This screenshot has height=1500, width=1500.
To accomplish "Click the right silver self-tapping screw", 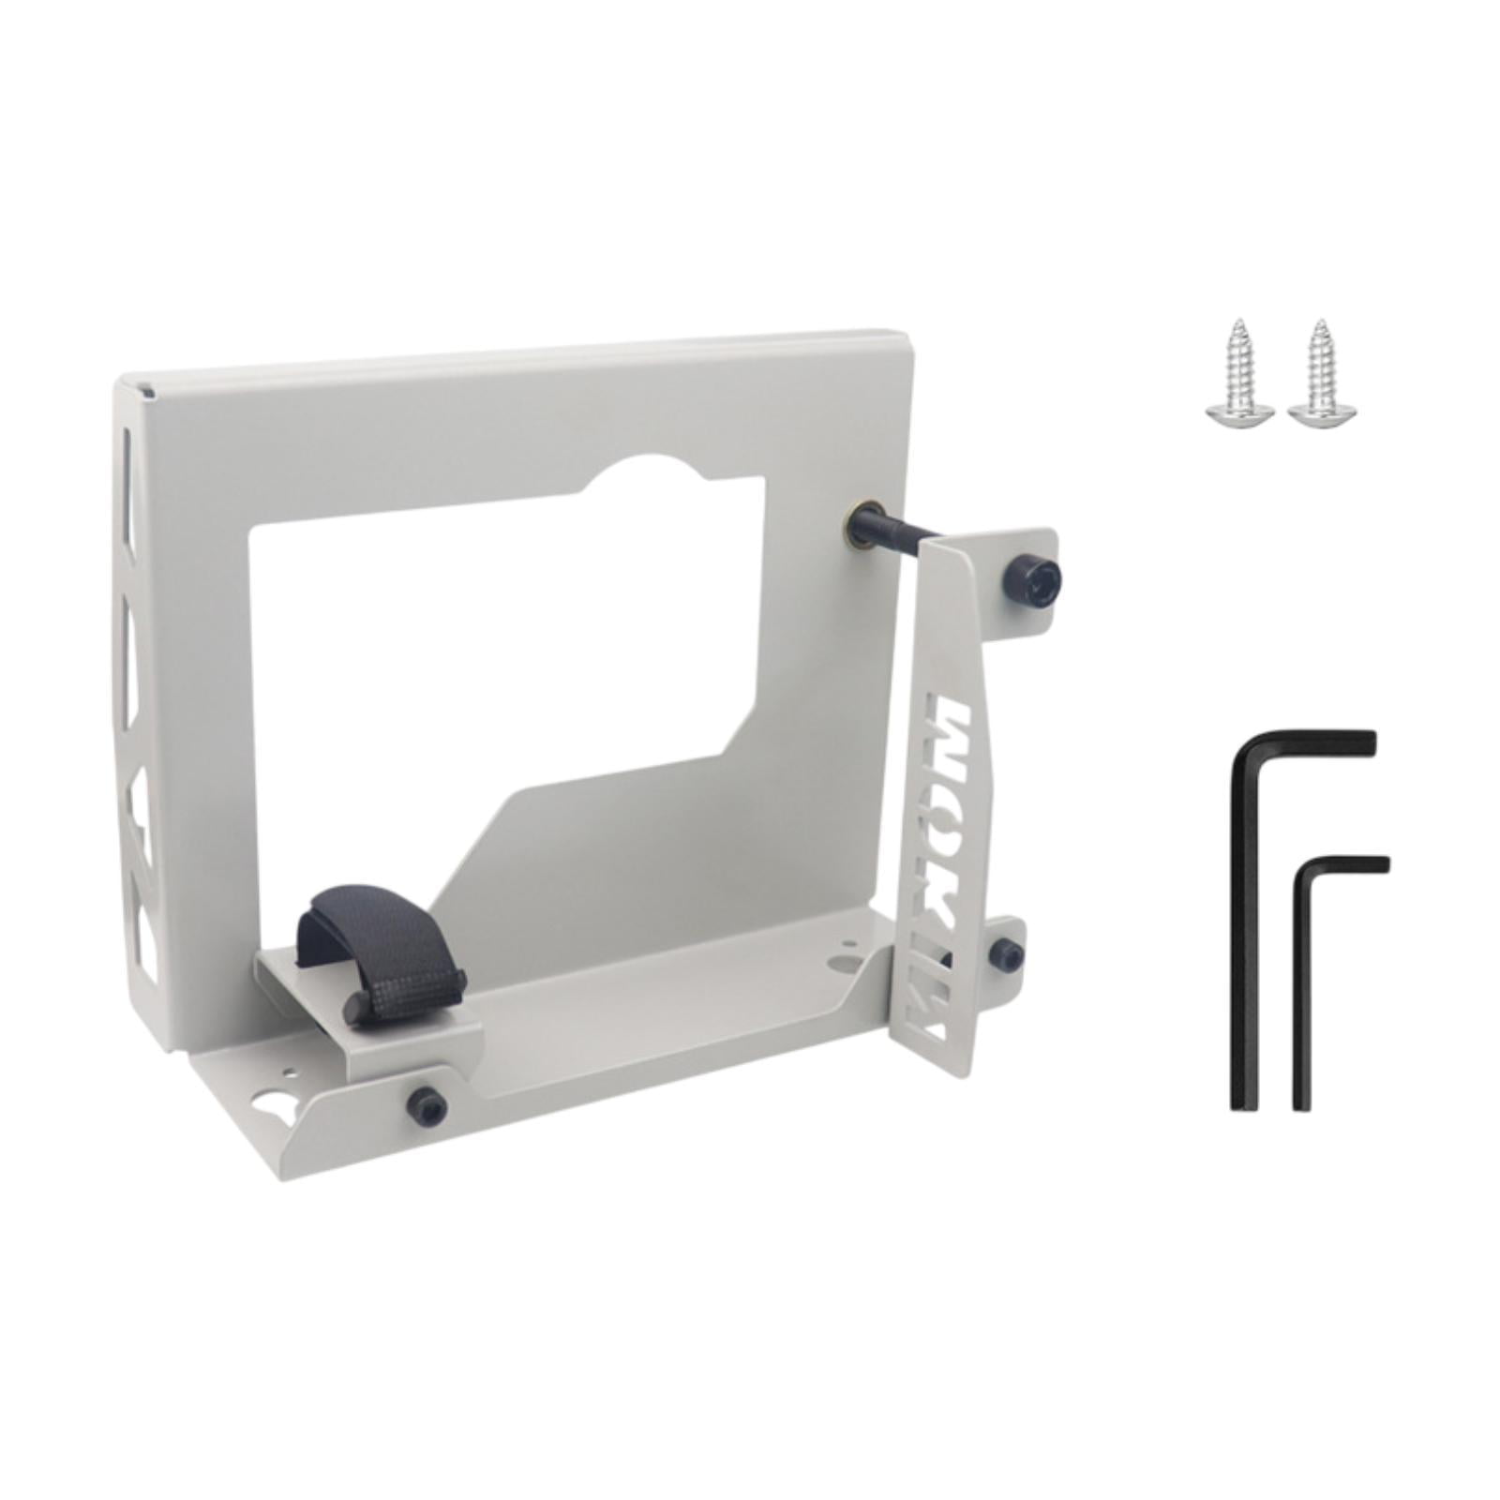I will [x=1321, y=375].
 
